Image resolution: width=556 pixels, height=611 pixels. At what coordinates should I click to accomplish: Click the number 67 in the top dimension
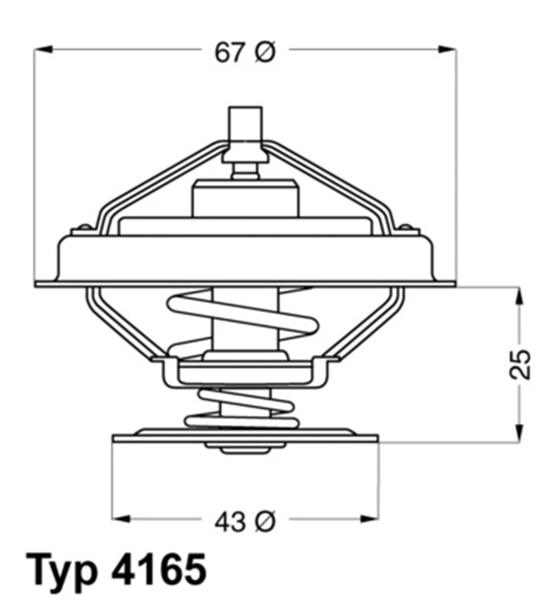tap(229, 53)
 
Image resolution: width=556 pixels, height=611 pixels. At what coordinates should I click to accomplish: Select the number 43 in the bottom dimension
tap(229, 521)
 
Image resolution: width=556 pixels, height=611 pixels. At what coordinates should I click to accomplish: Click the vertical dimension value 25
tap(521, 364)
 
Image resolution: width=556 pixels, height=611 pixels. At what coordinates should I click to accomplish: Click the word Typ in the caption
tap(60, 571)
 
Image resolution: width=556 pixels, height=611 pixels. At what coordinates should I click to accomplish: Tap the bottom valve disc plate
tap(246, 437)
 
